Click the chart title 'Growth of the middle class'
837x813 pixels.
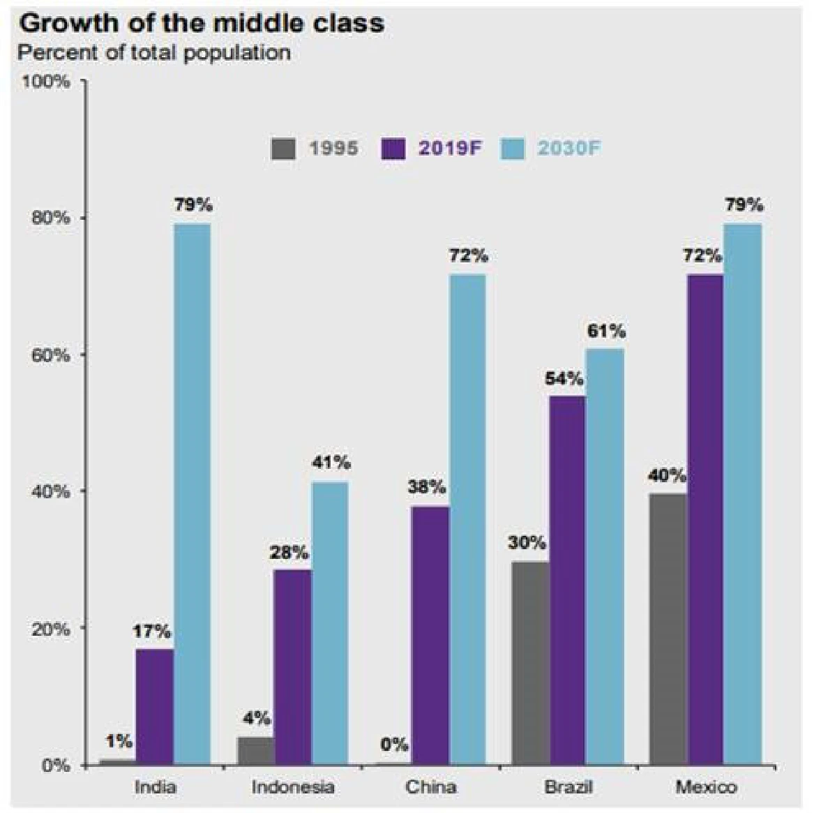click(202, 23)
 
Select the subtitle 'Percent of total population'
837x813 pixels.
click(153, 52)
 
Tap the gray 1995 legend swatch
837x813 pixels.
click(283, 148)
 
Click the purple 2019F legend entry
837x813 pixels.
click(432, 148)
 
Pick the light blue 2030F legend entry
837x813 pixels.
click(551, 148)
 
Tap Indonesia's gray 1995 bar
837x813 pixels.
click(255, 751)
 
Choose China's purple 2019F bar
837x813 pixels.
click(430, 635)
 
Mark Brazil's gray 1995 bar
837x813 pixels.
click(530, 663)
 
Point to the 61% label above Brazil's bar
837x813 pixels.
click(605, 331)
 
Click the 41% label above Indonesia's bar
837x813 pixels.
click(331, 463)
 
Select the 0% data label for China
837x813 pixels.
click(395, 745)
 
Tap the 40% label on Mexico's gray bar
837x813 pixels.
click(667, 477)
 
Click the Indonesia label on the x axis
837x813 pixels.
click(293, 787)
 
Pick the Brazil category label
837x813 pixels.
click(568, 787)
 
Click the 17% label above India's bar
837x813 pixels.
click(151, 632)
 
